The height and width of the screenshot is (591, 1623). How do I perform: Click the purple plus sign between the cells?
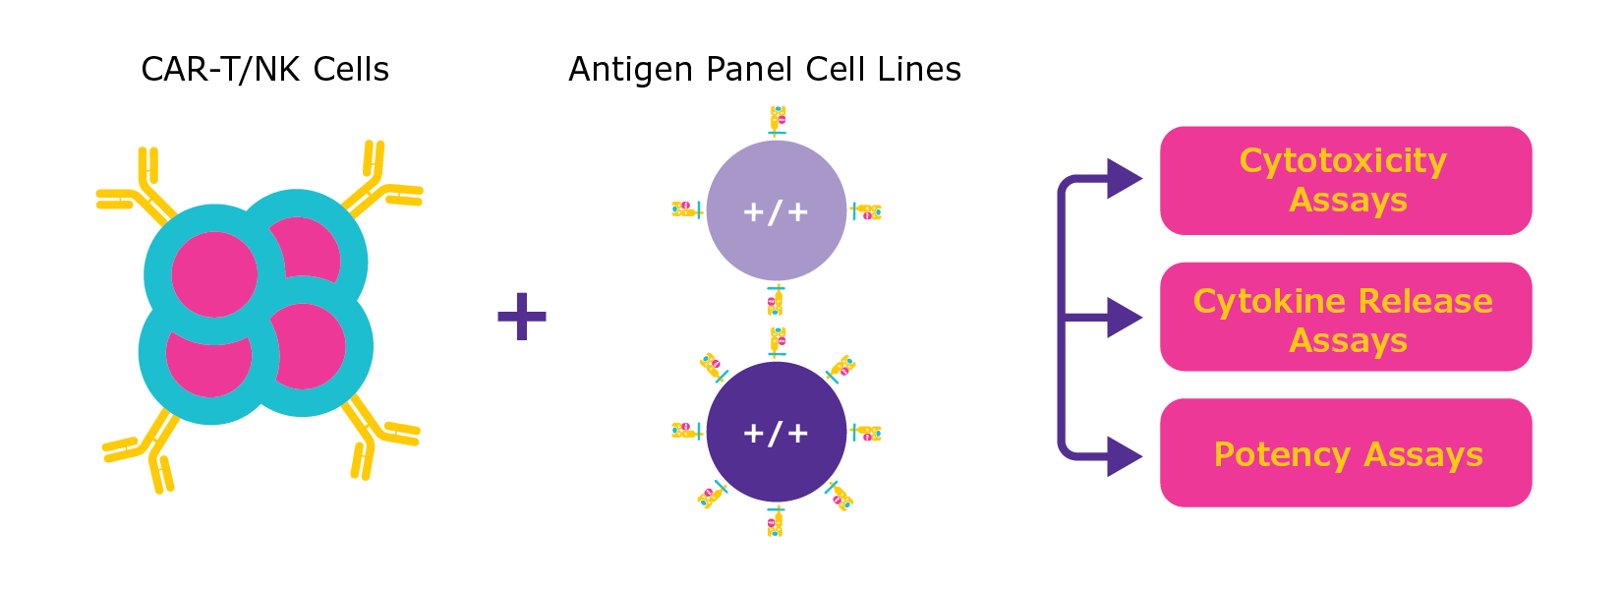[x=521, y=317]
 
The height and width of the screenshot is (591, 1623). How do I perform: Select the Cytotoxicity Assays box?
[x=1345, y=180]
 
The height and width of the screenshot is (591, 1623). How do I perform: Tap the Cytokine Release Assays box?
[x=1345, y=317]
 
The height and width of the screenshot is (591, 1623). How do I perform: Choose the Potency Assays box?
[x=1345, y=453]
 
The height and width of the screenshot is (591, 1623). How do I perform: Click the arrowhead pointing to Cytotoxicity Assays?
[x=1123, y=179]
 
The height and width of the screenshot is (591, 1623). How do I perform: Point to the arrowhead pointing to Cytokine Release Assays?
[x=1123, y=318]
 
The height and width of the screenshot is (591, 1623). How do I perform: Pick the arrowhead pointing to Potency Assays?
[x=1123, y=456]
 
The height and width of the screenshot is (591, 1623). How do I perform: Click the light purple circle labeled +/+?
[x=776, y=210]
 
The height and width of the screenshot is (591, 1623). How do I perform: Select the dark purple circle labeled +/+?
[x=776, y=432]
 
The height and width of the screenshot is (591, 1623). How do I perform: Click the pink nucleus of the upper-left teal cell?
[x=214, y=274]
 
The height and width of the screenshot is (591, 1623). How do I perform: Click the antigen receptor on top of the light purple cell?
[x=777, y=121]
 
